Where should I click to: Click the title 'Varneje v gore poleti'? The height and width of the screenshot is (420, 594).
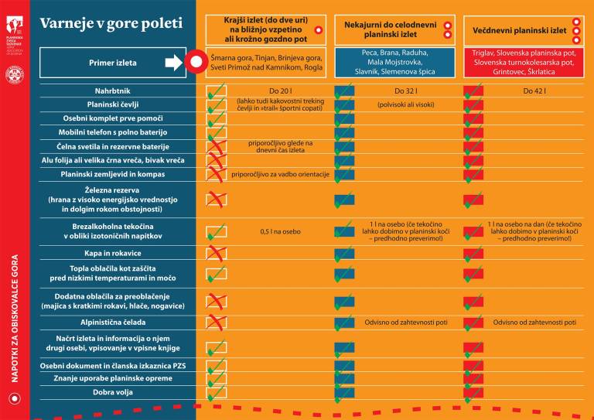click(x=111, y=24)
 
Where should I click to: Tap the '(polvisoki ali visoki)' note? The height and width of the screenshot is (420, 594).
click(x=405, y=104)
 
